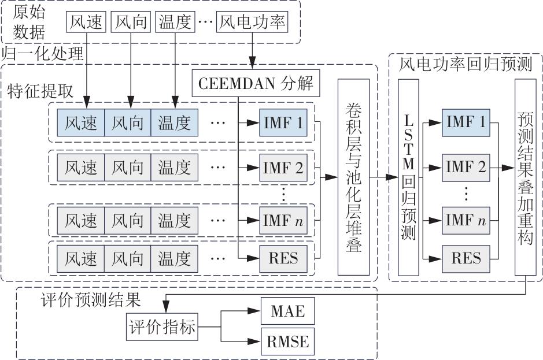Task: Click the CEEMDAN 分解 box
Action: tap(255, 84)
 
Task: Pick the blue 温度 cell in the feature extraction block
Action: tap(174, 123)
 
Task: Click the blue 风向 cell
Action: tap(128, 123)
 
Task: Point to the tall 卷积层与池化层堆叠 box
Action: tap(353, 176)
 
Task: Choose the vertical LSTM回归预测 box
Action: tap(408, 176)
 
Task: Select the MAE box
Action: tap(283, 313)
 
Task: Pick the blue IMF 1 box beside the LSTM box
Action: tap(466, 123)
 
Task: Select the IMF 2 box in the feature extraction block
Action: tap(283, 168)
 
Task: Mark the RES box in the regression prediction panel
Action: tap(466, 257)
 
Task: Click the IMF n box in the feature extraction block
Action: tap(283, 220)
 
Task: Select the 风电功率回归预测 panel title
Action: tap(466, 64)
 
